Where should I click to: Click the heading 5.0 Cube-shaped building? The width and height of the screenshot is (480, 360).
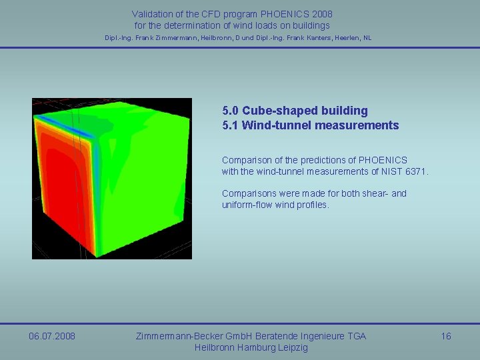(x=295, y=111)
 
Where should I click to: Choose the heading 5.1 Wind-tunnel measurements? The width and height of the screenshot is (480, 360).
(x=310, y=125)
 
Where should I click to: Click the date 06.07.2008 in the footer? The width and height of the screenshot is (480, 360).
(x=52, y=336)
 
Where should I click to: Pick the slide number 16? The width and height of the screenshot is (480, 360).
(x=446, y=336)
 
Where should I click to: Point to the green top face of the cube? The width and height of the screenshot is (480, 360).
(x=127, y=120)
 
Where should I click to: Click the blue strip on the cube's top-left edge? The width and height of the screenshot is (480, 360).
(x=57, y=127)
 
